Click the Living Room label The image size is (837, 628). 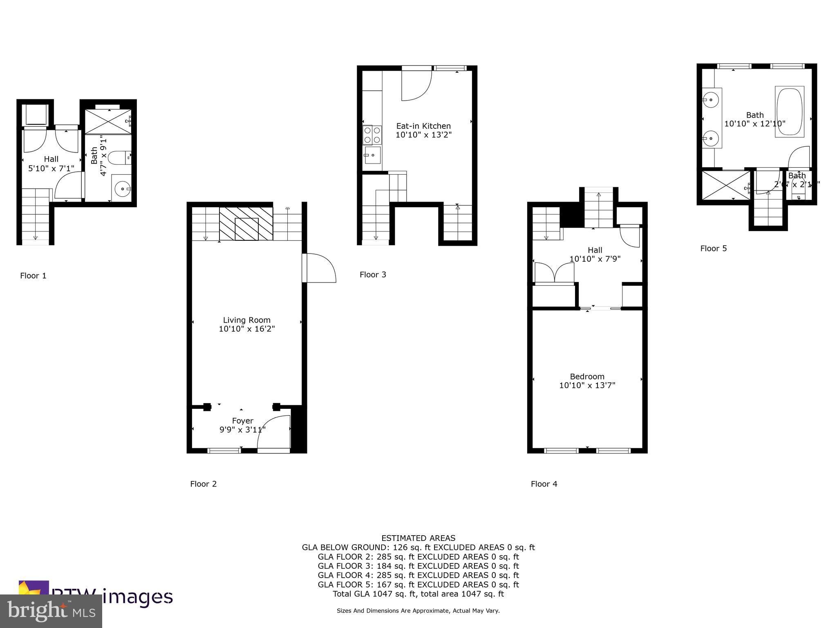point(246,320)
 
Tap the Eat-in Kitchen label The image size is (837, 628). point(423,126)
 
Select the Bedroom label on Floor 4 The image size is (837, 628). point(587,377)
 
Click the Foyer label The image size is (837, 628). point(242,421)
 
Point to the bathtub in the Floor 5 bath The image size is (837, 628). point(789,111)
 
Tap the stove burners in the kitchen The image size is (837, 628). point(372,135)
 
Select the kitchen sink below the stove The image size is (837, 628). point(372,155)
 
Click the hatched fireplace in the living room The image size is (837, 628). point(246,224)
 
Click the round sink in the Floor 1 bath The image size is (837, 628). point(122,189)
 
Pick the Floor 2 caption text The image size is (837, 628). point(203,484)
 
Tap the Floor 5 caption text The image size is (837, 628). point(713,249)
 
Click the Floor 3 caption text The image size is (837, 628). point(373,275)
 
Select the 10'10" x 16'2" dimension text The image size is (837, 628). point(246,329)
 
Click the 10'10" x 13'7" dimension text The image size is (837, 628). point(587,385)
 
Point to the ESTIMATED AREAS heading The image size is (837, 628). point(418,538)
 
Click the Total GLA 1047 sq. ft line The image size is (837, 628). point(418,594)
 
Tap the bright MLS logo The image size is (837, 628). point(51,611)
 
